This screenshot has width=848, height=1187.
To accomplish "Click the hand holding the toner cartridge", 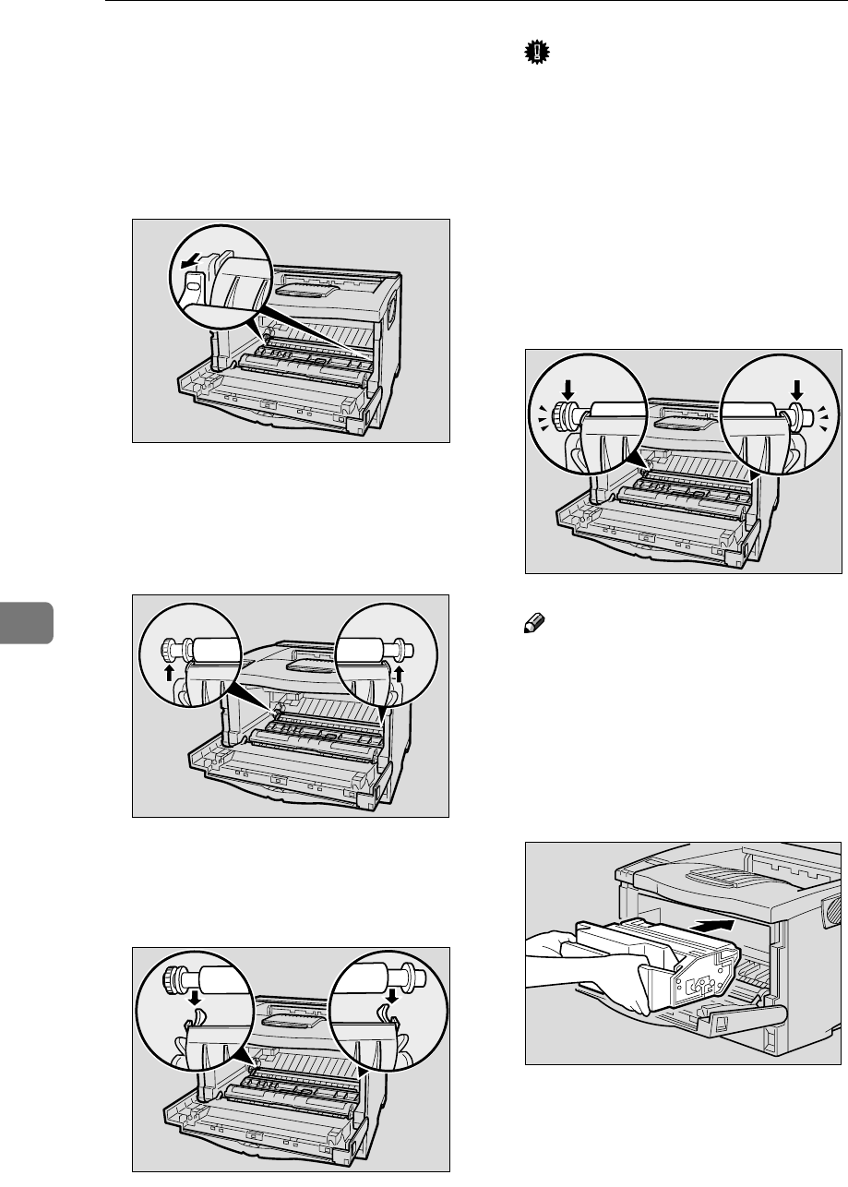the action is [x=563, y=960].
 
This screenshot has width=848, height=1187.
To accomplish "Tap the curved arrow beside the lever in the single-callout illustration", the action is [x=192, y=264].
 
